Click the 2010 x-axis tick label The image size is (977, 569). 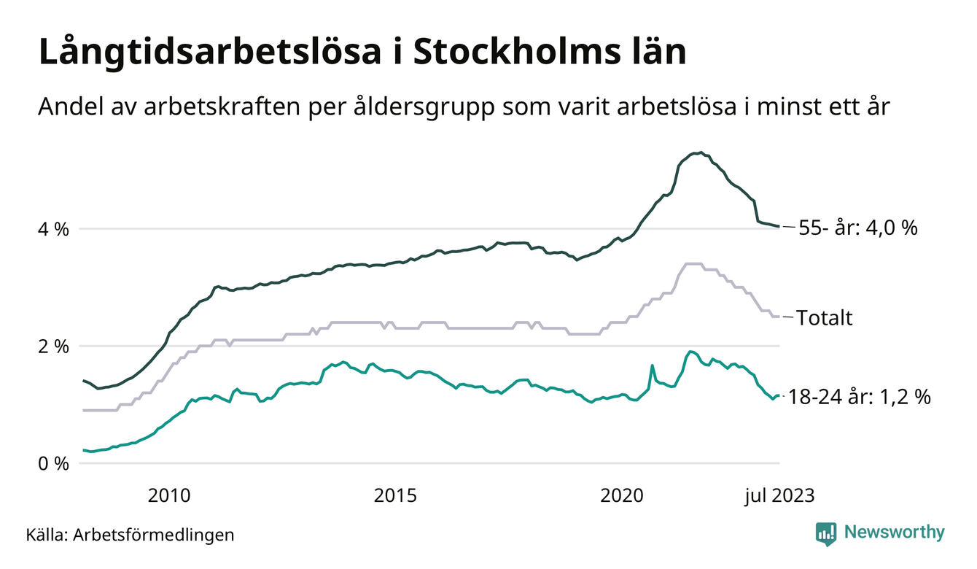pyautogui.click(x=168, y=496)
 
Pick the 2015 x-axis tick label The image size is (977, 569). pyautogui.click(x=395, y=496)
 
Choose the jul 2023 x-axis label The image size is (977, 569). pyautogui.click(x=779, y=496)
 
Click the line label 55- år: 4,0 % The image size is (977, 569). pyautogui.click(x=857, y=228)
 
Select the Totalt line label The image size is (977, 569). pyautogui.click(x=825, y=318)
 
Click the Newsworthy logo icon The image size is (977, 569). pyautogui.click(x=825, y=533)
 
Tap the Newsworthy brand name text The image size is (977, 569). pyautogui.click(x=894, y=533)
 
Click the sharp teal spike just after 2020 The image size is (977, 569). pyautogui.click(x=652, y=365)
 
